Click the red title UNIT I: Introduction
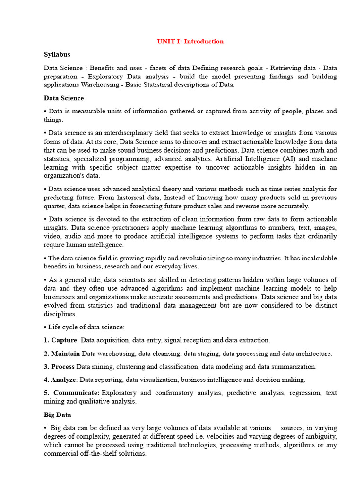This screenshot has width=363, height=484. click(190, 42)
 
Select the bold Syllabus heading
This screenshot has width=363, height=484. click(57, 55)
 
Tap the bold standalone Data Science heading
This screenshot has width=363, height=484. click(64, 98)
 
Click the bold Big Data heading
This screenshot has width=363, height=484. click(58, 415)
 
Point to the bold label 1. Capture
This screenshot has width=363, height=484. click(60, 340)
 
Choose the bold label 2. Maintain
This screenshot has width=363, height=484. click(62, 354)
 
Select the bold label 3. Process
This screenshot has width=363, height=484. click(59, 367)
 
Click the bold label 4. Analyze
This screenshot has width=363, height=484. click(60, 380)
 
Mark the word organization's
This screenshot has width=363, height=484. click(64, 176)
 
